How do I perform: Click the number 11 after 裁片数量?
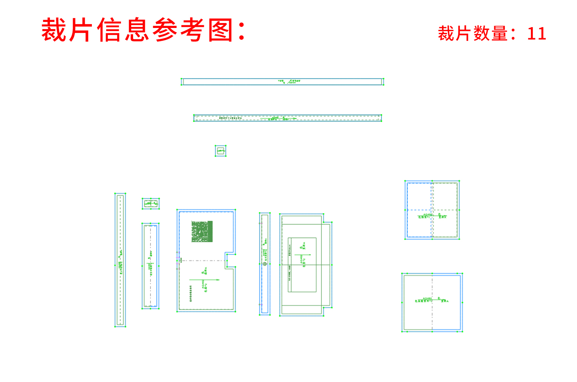coord(537,34)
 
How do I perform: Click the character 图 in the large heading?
coord(221,30)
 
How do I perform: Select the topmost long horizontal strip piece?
coord(282,82)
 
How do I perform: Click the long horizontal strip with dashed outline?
coord(287,118)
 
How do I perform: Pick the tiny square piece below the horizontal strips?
coord(220,151)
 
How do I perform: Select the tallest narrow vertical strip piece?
coord(120,260)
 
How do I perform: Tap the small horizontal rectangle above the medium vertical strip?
coord(150,204)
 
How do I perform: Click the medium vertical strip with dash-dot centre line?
coord(150,266)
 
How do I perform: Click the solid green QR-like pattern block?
coord(202,231)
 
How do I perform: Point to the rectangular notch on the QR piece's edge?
coord(230,260)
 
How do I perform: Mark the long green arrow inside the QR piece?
coord(204,280)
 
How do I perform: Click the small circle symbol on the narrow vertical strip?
coord(265,264)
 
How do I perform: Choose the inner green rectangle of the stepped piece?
coord(302,264)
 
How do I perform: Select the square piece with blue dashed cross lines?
coord(432,210)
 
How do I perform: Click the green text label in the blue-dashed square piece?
coord(432,217)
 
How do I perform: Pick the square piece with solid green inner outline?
coord(432,302)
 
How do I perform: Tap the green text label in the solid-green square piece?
coord(431,300)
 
